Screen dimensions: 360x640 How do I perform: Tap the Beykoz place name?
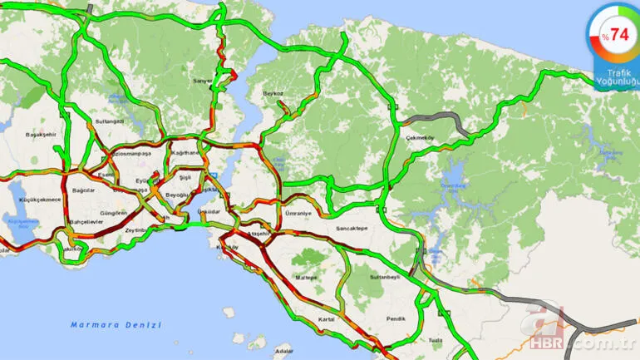click(x=273, y=93)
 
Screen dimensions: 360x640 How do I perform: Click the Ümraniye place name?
click(x=298, y=214)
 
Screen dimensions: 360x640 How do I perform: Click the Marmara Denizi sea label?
click(x=116, y=324)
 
